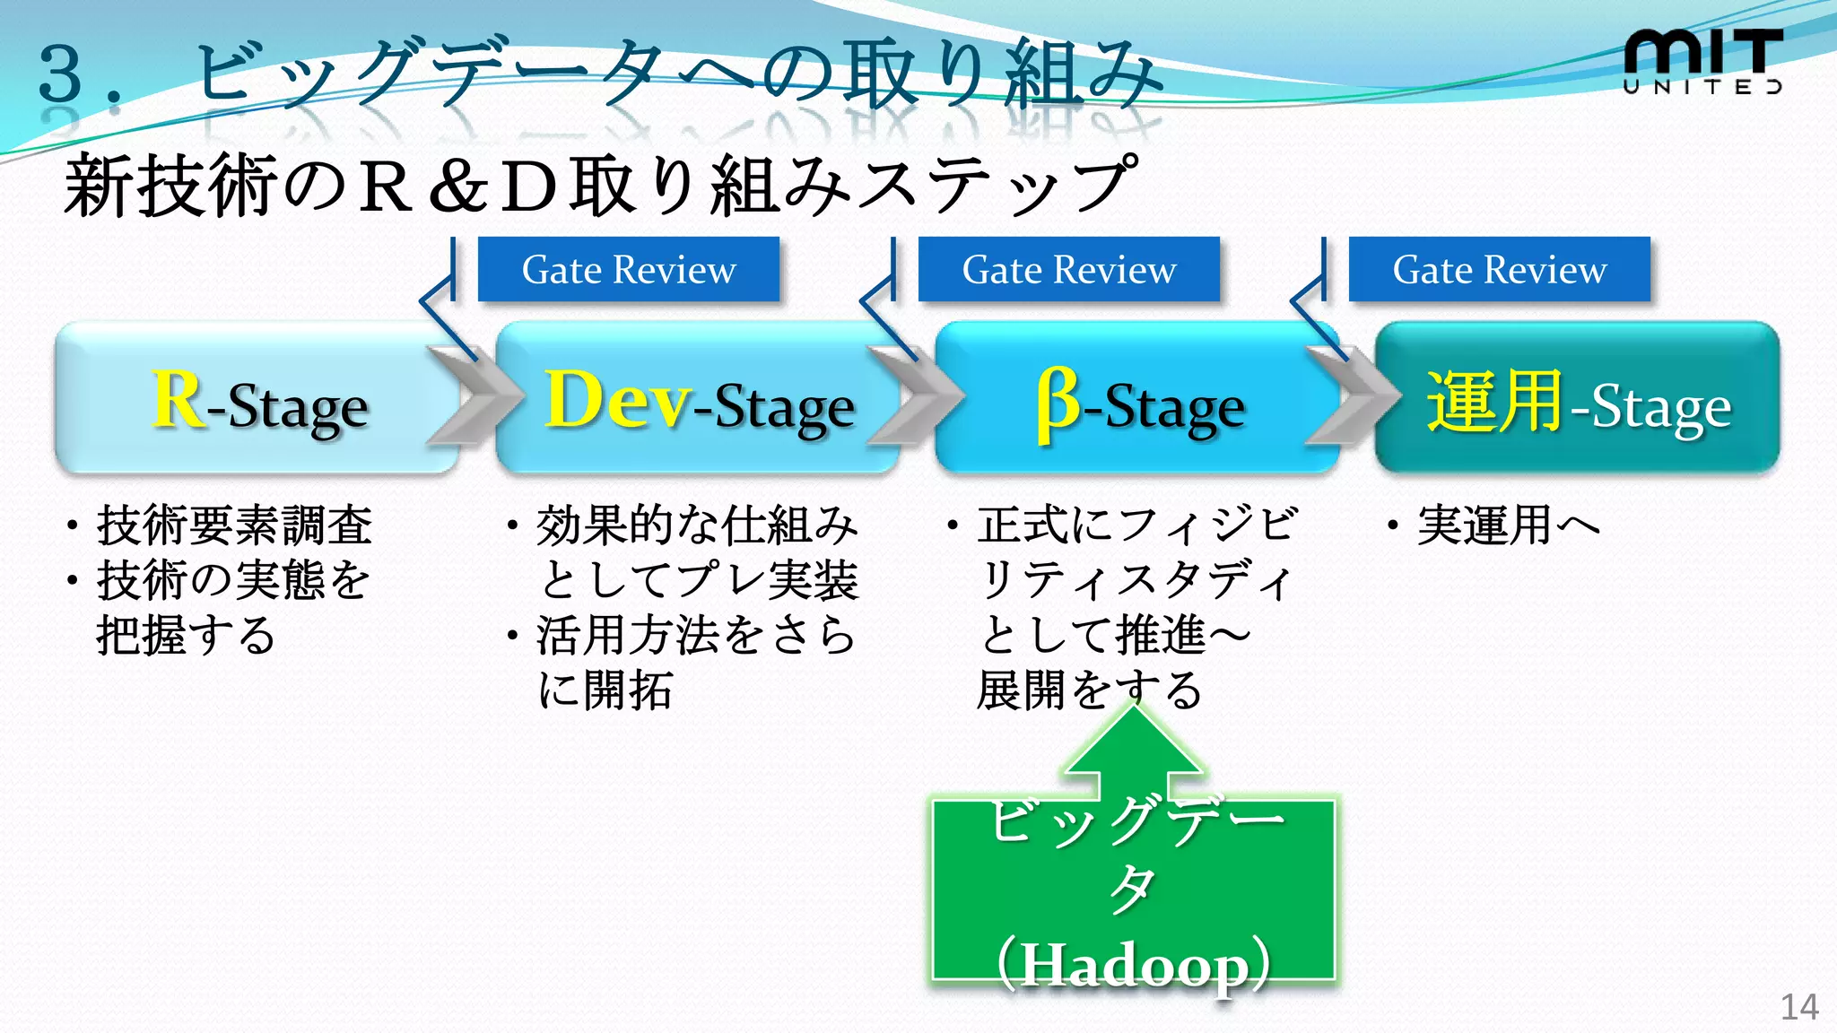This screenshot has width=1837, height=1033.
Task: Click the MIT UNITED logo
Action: pyautogui.click(x=1702, y=61)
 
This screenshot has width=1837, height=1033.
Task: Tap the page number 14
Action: pyautogui.click(x=1798, y=1007)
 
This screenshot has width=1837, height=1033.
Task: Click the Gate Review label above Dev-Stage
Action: pyautogui.click(x=628, y=269)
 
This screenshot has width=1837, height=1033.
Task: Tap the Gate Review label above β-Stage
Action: pyautogui.click(x=1068, y=269)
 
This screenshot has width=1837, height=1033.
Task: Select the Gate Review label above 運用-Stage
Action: pyautogui.click(x=1499, y=269)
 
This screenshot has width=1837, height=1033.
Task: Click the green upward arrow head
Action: pyautogui.click(x=1134, y=744)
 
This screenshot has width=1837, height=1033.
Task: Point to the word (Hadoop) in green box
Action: pyautogui.click(x=1134, y=965)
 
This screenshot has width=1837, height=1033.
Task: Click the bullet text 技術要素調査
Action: pyautogui.click(x=233, y=525)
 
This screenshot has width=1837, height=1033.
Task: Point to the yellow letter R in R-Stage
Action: pyautogui.click(x=178, y=401)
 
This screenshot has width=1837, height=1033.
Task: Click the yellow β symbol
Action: pyautogui.click(x=1058, y=404)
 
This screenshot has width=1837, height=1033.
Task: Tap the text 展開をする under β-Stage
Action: pyautogui.click(x=1089, y=690)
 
